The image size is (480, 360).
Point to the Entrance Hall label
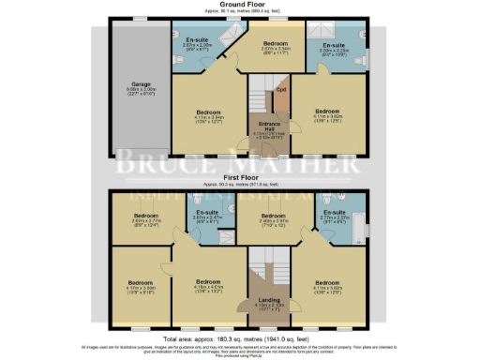point(268,131)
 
